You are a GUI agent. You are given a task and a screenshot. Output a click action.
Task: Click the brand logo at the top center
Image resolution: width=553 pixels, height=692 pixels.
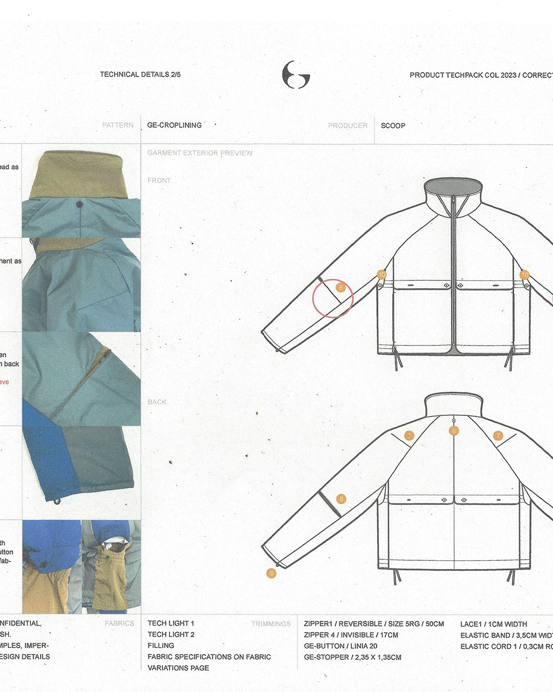point(296,75)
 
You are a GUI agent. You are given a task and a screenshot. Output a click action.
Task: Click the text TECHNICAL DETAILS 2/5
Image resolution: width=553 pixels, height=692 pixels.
point(140,74)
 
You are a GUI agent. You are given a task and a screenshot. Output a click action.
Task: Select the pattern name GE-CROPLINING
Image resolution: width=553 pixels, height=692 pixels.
point(174,125)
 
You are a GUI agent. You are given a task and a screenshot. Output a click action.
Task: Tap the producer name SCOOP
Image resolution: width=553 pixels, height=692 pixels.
point(393,126)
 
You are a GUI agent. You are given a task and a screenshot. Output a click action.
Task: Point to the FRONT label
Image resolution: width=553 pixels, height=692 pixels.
point(159,180)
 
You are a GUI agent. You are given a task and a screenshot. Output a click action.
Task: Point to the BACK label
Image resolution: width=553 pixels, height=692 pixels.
point(157,402)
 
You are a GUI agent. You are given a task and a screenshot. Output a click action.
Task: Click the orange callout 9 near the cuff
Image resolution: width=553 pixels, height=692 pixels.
point(271,573)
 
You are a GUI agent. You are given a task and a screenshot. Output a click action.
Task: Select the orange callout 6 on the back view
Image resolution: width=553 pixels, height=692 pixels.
point(454,431)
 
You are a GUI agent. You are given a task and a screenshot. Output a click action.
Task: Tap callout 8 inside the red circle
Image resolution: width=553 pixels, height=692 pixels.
point(341,288)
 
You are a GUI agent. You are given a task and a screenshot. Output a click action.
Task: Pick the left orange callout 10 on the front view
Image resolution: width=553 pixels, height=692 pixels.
point(381,274)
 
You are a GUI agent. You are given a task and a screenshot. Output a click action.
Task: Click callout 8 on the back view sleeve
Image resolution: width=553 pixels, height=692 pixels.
point(341,499)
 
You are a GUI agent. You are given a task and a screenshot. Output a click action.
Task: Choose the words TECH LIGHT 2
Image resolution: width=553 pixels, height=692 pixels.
point(171,635)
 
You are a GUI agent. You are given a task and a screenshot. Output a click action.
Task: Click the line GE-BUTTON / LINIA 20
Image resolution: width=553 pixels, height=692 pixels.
point(341,646)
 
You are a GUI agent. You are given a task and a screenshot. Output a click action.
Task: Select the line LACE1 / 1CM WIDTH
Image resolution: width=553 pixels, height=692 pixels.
point(494,624)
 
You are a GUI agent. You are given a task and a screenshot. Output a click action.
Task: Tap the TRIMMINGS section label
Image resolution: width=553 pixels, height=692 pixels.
point(271,624)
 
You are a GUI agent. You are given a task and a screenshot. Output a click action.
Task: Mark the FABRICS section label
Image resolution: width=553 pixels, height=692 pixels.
point(119,623)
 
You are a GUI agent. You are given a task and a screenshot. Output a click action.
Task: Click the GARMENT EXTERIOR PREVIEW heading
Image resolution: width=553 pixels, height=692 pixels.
point(200,153)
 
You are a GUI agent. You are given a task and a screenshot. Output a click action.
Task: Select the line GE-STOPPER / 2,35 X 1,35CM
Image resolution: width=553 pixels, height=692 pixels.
point(352,657)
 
